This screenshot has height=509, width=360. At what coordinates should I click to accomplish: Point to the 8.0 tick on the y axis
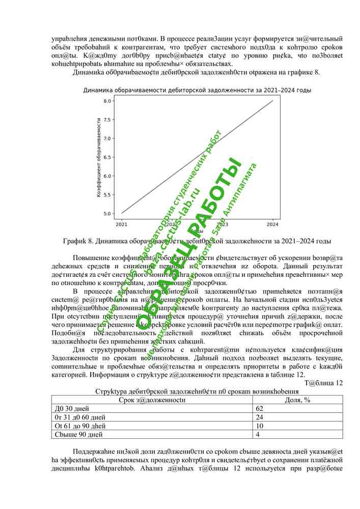pos(107,101)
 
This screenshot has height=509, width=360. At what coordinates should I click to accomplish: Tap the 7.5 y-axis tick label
pos(107,120)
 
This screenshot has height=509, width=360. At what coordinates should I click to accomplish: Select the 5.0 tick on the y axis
pos(107,213)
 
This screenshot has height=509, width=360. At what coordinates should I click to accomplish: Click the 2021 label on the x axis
pos(122,223)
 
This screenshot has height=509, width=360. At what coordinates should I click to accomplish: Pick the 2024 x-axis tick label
pos(273,223)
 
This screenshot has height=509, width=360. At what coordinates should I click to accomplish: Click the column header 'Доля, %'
pos(298,400)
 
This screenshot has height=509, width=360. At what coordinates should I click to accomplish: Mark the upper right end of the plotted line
pos(273,101)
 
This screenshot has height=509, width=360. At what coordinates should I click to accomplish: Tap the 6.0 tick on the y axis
pos(107,176)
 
